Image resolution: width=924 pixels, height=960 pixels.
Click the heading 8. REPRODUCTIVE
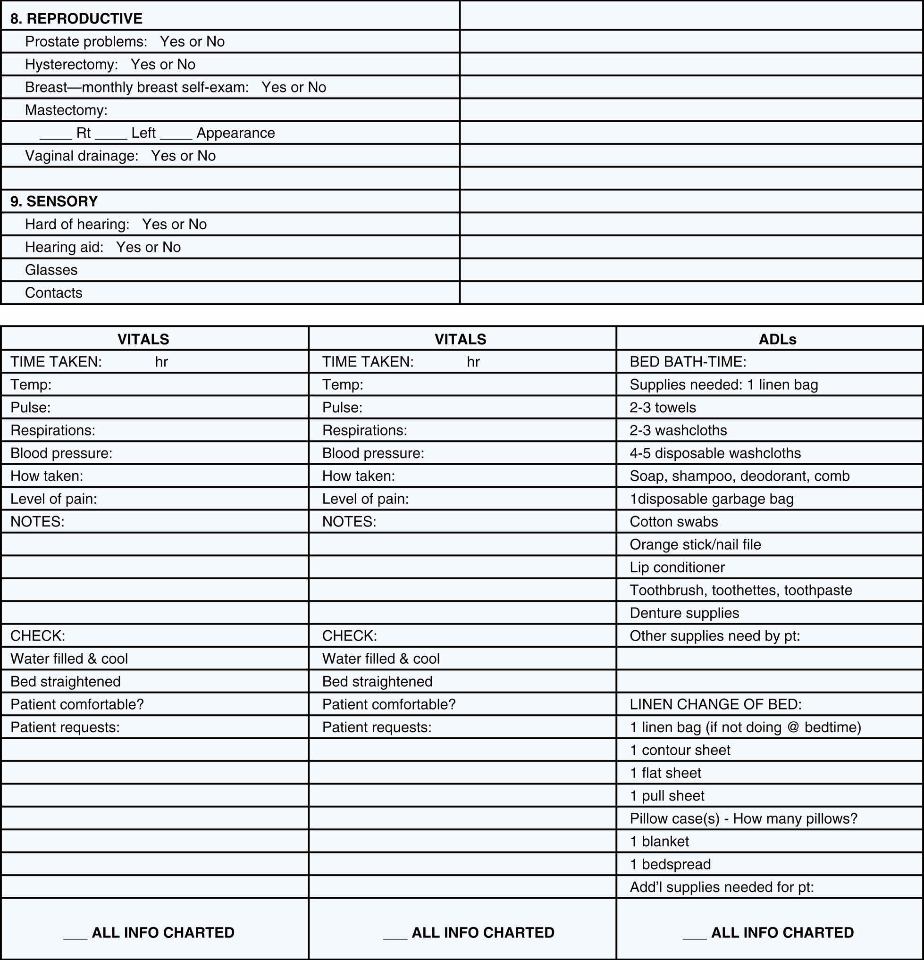click(x=76, y=18)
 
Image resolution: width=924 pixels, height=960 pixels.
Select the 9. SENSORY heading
click(x=54, y=201)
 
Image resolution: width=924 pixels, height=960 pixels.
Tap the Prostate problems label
click(x=86, y=42)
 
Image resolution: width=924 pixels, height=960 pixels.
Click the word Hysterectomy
click(x=72, y=65)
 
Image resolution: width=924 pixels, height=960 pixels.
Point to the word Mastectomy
click(x=66, y=110)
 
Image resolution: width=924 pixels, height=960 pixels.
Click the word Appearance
click(x=235, y=133)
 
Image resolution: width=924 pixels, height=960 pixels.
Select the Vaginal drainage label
click(x=82, y=156)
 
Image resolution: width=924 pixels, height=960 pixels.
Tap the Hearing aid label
click(x=64, y=247)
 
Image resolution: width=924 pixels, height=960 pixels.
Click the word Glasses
click(x=51, y=270)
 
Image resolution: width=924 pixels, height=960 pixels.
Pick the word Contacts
click(x=54, y=293)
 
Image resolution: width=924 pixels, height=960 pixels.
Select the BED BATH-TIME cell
click(x=688, y=362)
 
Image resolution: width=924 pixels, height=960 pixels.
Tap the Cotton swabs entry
click(x=673, y=522)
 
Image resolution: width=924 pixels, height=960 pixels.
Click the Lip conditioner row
click(x=677, y=567)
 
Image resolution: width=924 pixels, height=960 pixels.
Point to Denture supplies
click(x=684, y=613)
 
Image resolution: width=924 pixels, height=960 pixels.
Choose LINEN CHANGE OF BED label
click(x=716, y=704)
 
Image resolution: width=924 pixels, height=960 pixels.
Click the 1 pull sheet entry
click(x=667, y=796)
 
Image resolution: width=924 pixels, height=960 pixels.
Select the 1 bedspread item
click(x=670, y=865)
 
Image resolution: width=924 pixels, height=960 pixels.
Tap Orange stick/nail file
click(x=695, y=545)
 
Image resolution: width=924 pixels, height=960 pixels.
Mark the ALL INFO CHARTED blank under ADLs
click(x=694, y=933)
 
